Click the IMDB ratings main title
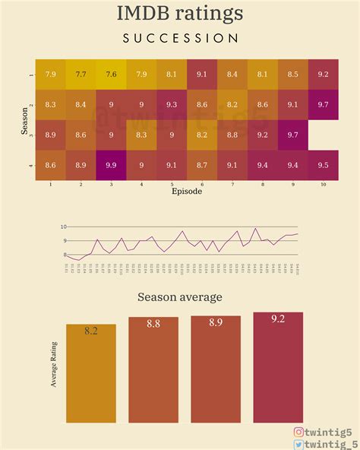click(x=180, y=13)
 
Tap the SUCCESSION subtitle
click(x=180, y=38)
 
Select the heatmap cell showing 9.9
click(x=111, y=164)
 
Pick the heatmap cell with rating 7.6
click(x=111, y=74)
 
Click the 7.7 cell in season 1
click(x=81, y=74)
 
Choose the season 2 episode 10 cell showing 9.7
click(x=323, y=104)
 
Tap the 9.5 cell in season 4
click(x=323, y=164)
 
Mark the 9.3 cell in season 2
click(x=172, y=104)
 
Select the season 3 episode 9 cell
click(x=292, y=134)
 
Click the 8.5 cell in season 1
click(x=292, y=74)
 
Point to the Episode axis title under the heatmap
click(x=187, y=192)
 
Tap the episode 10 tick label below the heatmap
click(x=323, y=184)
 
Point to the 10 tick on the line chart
click(x=64, y=227)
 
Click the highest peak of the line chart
click(x=255, y=228)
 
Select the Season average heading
click(x=180, y=297)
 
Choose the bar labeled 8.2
click(x=91, y=372)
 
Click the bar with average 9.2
click(x=278, y=366)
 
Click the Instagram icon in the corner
click(x=299, y=432)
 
